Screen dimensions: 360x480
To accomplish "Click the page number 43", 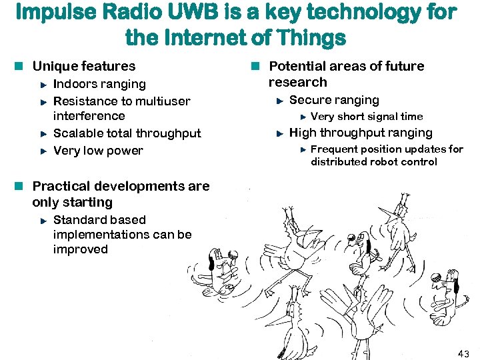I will [463, 353].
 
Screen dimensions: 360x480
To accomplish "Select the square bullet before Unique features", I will [21, 66].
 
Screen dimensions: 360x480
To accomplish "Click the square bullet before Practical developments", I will [21, 187].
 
